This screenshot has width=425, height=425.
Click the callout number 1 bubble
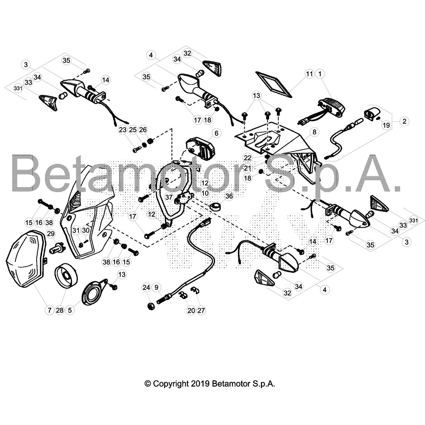(320, 74)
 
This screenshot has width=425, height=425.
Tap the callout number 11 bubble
(309, 74)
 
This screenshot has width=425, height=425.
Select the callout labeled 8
(314, 132)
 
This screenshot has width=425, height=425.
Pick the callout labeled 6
(216, 133)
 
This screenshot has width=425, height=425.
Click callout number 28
(60, 310)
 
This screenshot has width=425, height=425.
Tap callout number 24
(146, 287)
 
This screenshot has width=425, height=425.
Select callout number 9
(156, 287)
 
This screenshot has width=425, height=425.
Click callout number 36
(229, 196)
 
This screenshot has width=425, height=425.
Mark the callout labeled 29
(51, 234)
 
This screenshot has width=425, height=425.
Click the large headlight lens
(26, 259)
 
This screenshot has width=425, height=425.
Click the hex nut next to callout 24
(151, 307)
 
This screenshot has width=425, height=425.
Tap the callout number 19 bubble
(386, 125)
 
